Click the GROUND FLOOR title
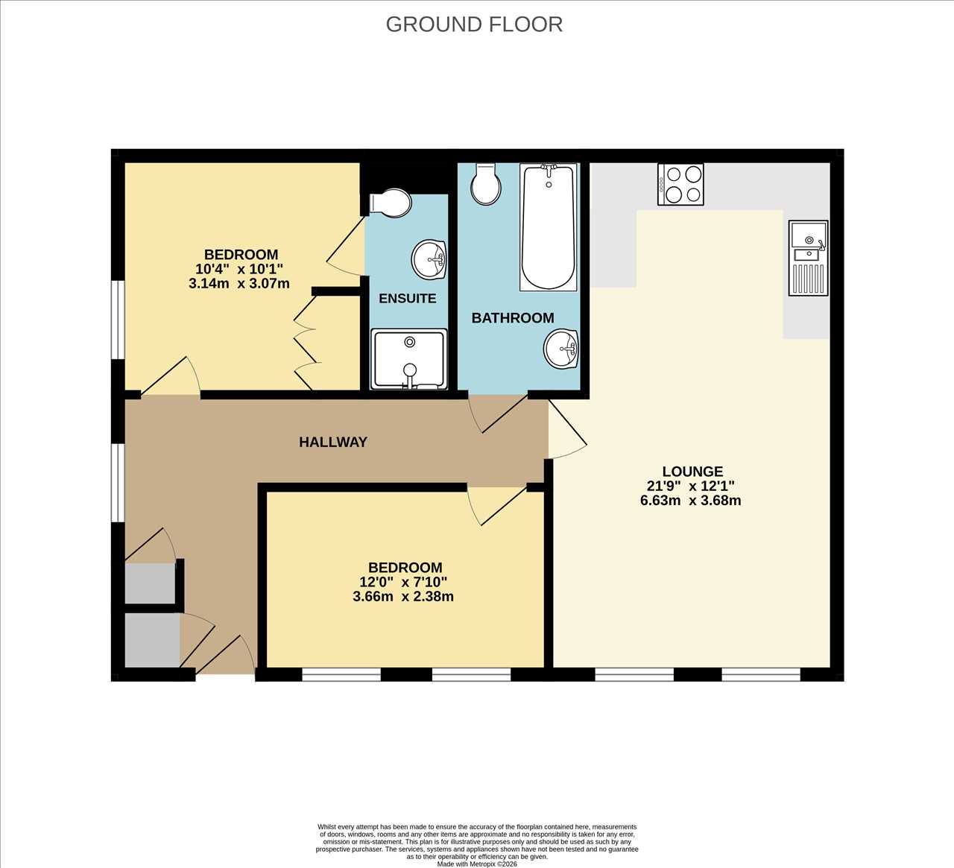[474, 25]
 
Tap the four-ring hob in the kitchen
[680, 185]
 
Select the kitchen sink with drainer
[808, 258]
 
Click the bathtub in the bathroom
[549, 226]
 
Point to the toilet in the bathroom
[485, 183]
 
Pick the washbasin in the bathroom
[562, 349]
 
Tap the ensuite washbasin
[429, 260]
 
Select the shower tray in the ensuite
[409, 359]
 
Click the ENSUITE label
[407, 298]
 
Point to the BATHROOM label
[513, 317]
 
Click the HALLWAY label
[333, 443]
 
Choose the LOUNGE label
[692, 472]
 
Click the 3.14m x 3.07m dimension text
[238, 283]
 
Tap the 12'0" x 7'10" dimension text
[403, 582]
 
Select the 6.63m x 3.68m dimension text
[691, 501]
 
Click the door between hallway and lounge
[568, 428]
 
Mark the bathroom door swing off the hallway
[499, 413]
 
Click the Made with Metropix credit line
[476, 864]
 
